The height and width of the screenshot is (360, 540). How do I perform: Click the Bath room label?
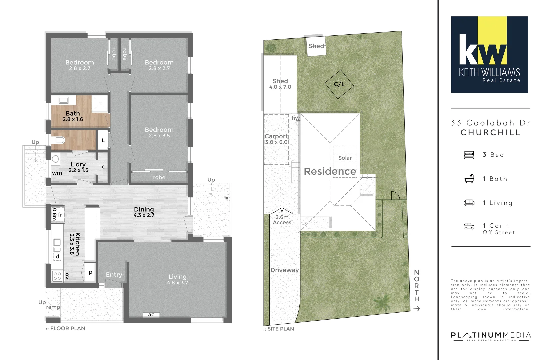click(73, 116)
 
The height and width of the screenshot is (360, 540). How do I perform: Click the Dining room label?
click(144, 212)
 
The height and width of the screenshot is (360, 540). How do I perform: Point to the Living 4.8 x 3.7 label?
click(178, 279)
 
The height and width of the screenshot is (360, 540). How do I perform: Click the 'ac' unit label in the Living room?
click(151, 315)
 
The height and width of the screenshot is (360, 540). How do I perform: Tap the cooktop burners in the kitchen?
click(57, 276)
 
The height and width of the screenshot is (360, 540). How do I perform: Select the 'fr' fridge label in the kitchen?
click(60, 215)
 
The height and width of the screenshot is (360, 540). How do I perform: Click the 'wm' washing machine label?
click(57, 173)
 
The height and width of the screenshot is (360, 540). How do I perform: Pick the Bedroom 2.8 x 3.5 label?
click(159, 132)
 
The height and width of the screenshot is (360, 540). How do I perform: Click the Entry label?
click(114, 275)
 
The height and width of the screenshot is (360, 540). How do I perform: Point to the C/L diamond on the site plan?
click(339, 84)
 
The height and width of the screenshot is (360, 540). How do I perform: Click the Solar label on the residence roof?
click(345, 158)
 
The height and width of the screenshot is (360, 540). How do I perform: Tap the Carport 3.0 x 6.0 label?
click(276, 139)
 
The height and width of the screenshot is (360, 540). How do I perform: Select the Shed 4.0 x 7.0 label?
click(280, 84)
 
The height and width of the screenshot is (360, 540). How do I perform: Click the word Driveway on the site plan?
click(285, 270)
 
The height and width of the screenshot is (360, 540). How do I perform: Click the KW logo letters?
click(483, 50)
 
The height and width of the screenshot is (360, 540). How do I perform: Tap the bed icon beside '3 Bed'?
click(469, 155)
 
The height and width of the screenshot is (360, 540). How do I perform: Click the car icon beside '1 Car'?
click(469, 226)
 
